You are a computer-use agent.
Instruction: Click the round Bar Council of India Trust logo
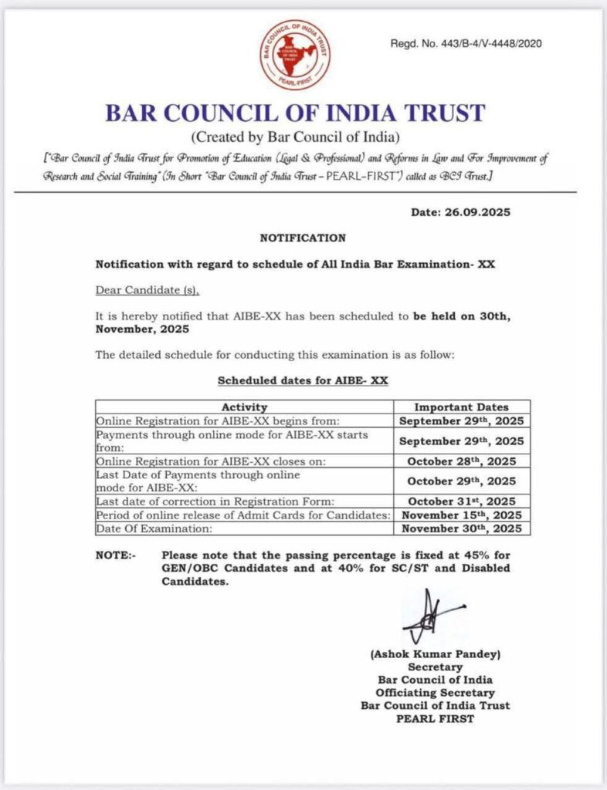point(295,55)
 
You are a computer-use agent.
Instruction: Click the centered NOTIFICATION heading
point(303,238)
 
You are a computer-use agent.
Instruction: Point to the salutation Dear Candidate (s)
point(147,290)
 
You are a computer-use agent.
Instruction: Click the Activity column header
point(244,407)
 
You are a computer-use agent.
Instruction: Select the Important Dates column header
point(462,407)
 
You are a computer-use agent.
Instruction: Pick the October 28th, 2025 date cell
point(462,461)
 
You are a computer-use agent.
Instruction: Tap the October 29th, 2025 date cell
point(462,480)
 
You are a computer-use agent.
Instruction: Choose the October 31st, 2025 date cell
point(462,501)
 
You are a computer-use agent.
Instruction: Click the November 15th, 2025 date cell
point(462,515)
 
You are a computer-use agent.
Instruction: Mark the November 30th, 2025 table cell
point(462,528)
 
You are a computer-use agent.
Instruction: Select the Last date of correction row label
point(215,501)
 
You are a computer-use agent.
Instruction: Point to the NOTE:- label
point(114,555)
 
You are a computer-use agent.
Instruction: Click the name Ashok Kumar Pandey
point(436,654)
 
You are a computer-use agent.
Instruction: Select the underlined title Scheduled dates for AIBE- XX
point(303,380)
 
